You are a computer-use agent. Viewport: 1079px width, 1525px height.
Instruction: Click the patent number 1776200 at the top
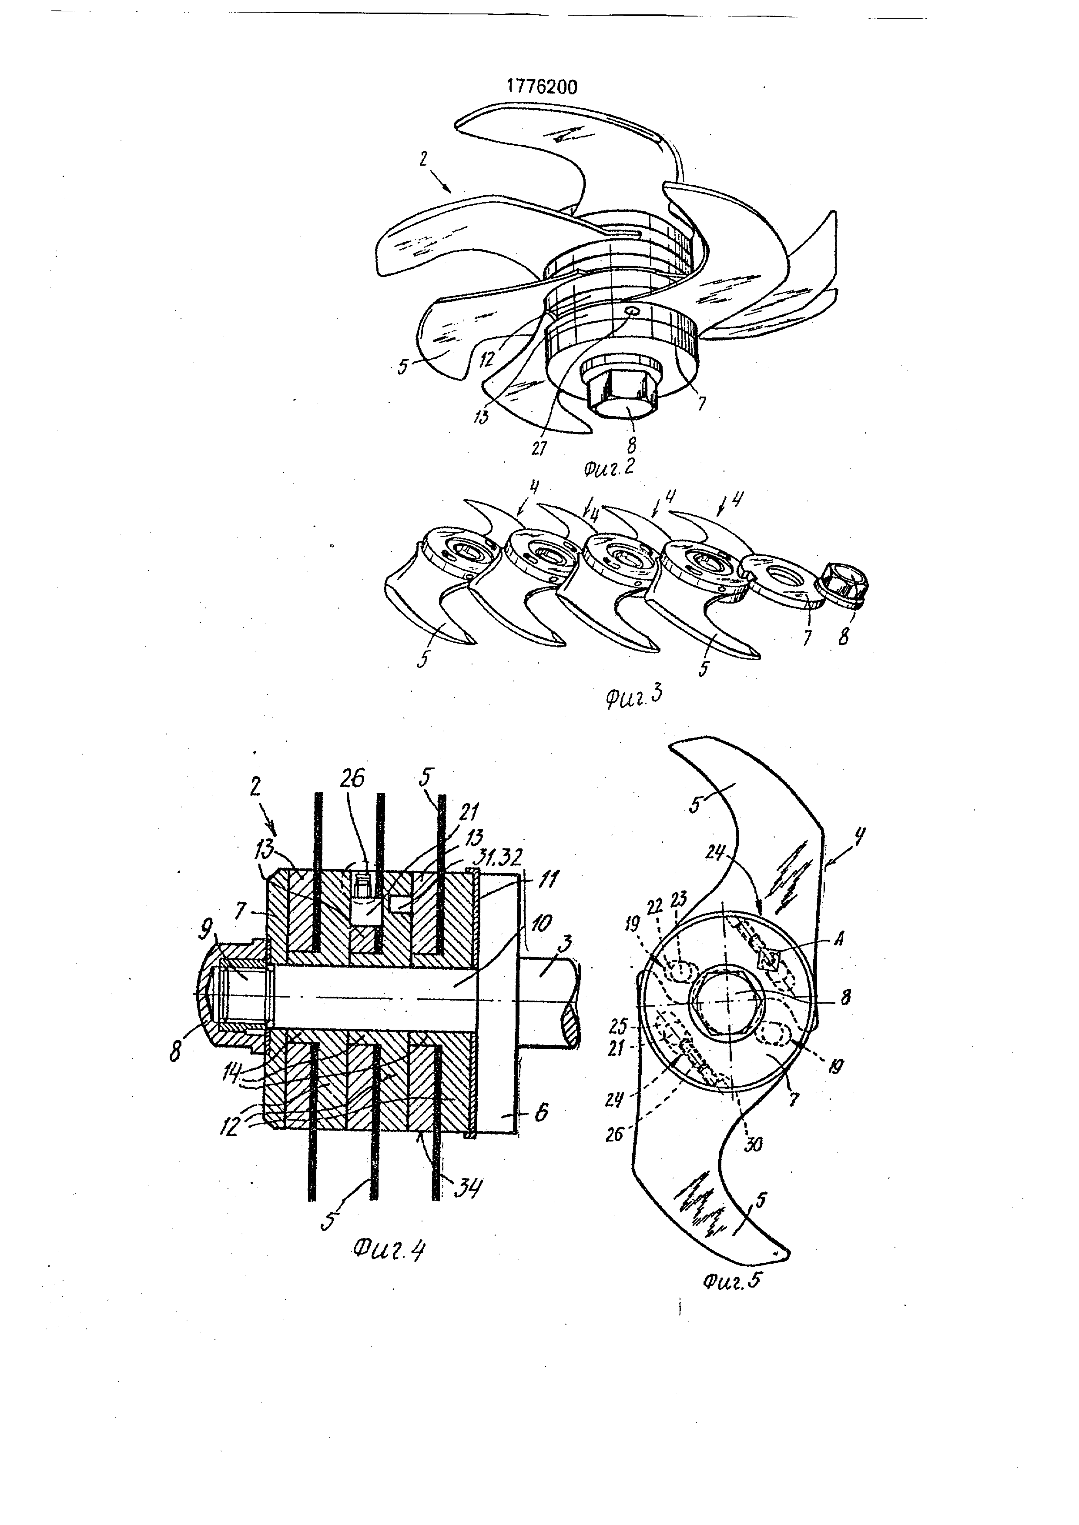542,87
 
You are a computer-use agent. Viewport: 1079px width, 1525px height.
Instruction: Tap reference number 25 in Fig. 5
618,1027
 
